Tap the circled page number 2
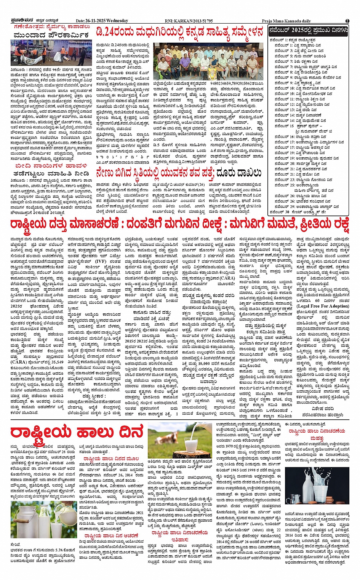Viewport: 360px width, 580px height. [x=347, y=21]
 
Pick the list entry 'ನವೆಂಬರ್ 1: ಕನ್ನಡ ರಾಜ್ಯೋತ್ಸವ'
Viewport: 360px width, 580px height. [x=294, y=40]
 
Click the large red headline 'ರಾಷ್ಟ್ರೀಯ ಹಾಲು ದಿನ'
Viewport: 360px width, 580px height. [x=77, y=432]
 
